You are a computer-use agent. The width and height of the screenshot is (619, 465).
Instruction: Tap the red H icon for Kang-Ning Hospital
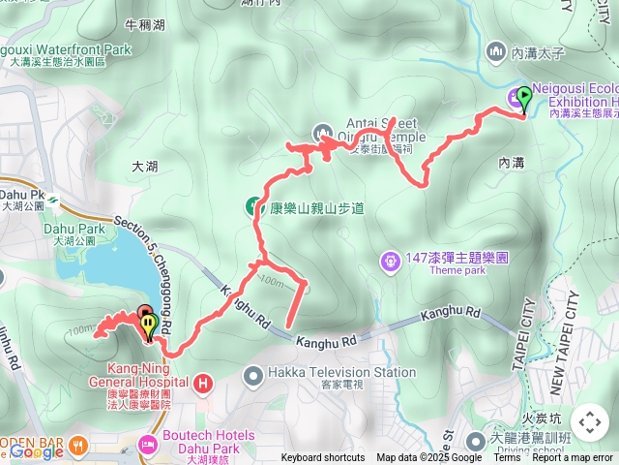203,385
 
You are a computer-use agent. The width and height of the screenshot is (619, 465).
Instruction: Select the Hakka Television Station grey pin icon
252,373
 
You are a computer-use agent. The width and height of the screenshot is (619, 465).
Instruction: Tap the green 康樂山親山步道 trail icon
251,206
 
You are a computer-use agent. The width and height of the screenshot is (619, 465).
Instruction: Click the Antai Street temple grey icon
323,132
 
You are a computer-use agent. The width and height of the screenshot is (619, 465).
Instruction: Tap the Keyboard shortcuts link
323,458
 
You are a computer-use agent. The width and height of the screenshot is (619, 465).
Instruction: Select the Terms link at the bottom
507,458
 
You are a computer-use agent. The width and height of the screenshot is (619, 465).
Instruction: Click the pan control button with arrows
589,422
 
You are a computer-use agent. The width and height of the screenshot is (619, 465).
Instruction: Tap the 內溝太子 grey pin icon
497,49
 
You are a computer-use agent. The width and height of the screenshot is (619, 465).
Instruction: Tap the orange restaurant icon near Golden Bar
78,445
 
